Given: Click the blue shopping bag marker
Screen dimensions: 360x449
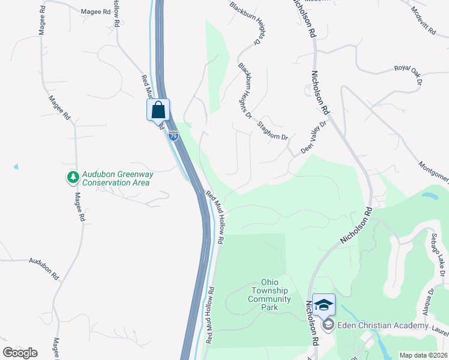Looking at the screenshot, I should [x=158, y=110].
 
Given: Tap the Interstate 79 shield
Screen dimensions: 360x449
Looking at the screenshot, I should [x=173, y=136].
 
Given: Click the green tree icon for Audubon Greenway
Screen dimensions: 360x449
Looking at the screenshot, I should [x=73, y=177].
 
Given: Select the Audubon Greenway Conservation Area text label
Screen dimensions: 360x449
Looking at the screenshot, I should [x=118, y=178].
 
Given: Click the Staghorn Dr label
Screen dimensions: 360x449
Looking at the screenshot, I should [x=273, y=131].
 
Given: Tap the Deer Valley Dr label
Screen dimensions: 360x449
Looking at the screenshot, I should [x=313, y=138].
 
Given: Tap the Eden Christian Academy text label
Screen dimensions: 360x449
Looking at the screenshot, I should [x=383, y=326].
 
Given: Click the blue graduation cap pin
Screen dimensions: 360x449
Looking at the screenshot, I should [x=324, y=305].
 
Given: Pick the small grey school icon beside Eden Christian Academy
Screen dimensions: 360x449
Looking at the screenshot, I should [x=328, y=326].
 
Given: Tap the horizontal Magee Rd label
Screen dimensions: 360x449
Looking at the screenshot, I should [x=95, y=11].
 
